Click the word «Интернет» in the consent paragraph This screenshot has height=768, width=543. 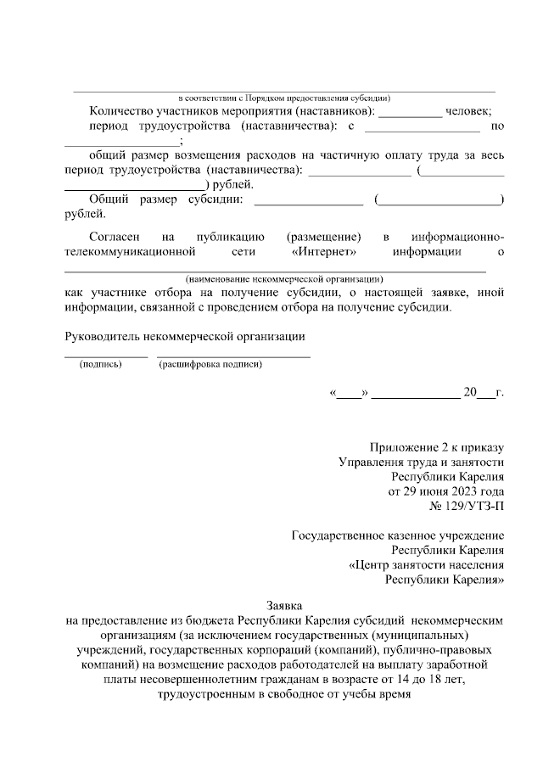coord(322,251)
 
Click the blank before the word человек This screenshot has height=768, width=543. coord(410,111)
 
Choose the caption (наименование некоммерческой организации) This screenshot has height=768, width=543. coord(284,278)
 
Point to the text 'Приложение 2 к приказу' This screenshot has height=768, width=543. coord(437,447)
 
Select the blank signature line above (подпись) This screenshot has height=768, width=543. coord(106,355)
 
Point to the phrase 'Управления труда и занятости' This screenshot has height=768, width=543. coord(422,462)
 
